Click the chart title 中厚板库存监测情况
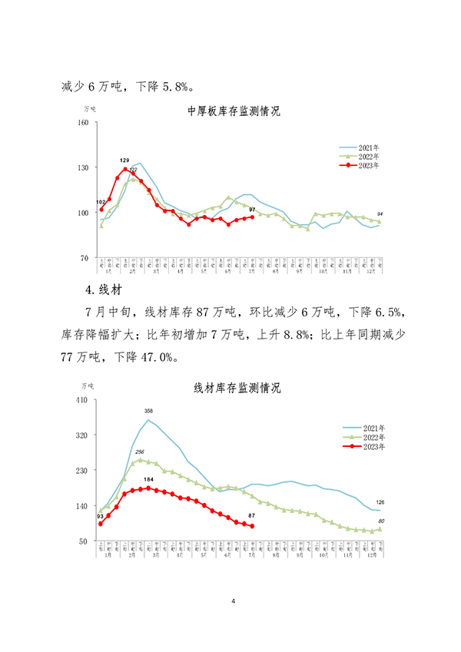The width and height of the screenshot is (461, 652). click(x=234, y=111)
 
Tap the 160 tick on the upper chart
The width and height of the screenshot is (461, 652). click(x=84, y=122)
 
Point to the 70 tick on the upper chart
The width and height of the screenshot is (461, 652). click(x=85, y=258)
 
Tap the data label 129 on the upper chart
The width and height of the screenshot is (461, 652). click(x=124, y=160)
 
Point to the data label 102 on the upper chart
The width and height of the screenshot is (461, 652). click(x=101, y=202)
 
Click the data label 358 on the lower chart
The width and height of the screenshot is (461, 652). click(x=149, y=412)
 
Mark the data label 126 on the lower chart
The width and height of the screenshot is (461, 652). click(x=380, y=502)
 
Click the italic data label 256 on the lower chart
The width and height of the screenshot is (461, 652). click(x=140, y=452)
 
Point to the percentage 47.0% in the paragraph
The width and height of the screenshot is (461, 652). click(x=159, y=357)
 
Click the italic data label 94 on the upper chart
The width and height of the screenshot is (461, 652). click(x=380, y=213)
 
